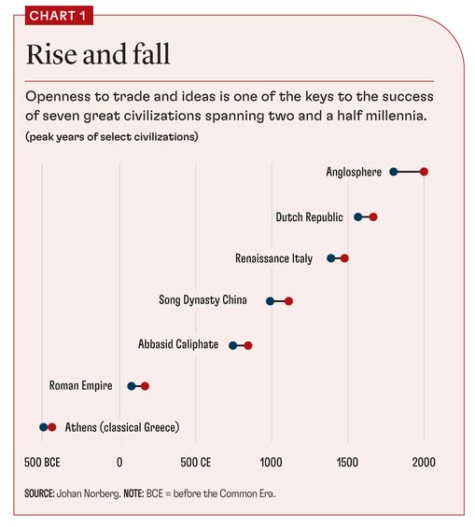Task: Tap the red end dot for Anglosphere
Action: click(x=424, y=172)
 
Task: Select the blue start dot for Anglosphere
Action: click(x=394, y=172)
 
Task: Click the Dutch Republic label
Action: click(x=311, y=216)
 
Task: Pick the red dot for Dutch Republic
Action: click(x=373, y=216)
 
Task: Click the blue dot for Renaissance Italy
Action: click(x=330, y=258)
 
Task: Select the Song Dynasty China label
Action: click(x=207, y=301)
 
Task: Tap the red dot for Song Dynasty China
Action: click(x=289, y=301)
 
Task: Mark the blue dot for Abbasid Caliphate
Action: click(x=233, y=345)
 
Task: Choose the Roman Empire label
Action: click(x=81, y=385)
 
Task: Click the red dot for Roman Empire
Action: click(x=145, y=386)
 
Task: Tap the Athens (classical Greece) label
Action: click(x=121, y=427)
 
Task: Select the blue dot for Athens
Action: click(x=43, y=427)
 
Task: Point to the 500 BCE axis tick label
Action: click(x=44, y=463)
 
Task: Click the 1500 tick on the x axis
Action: click(x=348, y=463)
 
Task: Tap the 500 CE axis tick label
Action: click(x=196, y=463)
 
